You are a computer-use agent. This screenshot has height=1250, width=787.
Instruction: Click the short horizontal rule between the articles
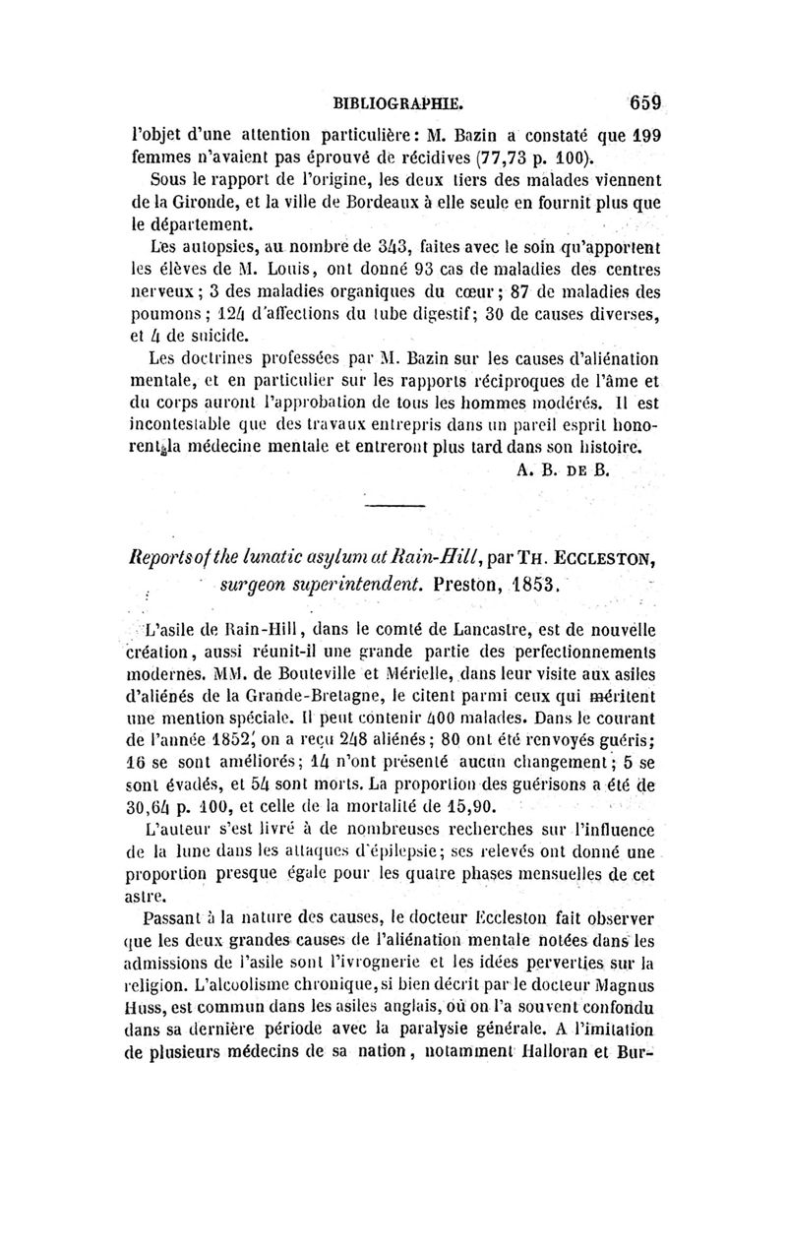click(x=393, y=506)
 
